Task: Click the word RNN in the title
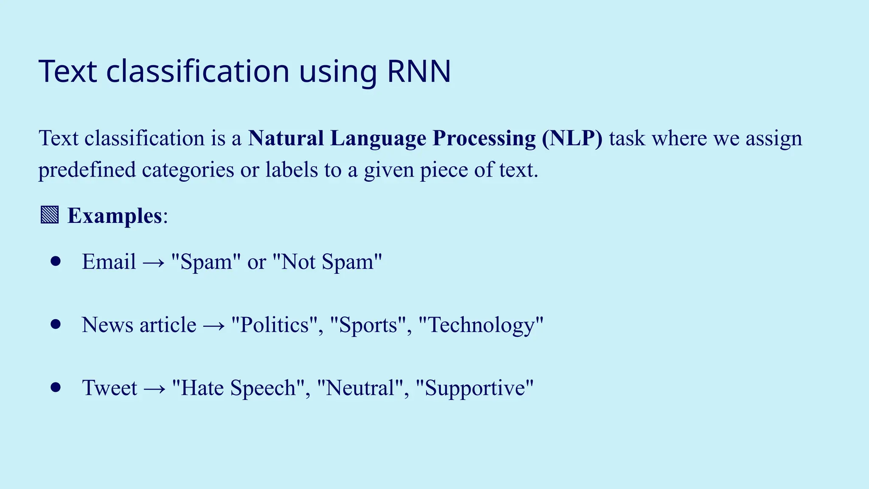(419, 71)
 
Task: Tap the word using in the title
(338, 71)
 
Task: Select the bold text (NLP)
(572, 138)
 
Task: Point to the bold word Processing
(484, 138)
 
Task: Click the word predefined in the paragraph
(87, 170)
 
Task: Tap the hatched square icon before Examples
(50, 215)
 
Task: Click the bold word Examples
(115, 216)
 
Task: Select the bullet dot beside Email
(56, 261)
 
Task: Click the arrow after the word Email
(154, 262)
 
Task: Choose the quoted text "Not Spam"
(327, 261)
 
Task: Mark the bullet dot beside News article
(56, 325)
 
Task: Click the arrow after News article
(214, 326)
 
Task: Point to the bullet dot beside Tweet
(56, 387)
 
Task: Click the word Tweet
(109, 388)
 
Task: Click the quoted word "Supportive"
(474, 388)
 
